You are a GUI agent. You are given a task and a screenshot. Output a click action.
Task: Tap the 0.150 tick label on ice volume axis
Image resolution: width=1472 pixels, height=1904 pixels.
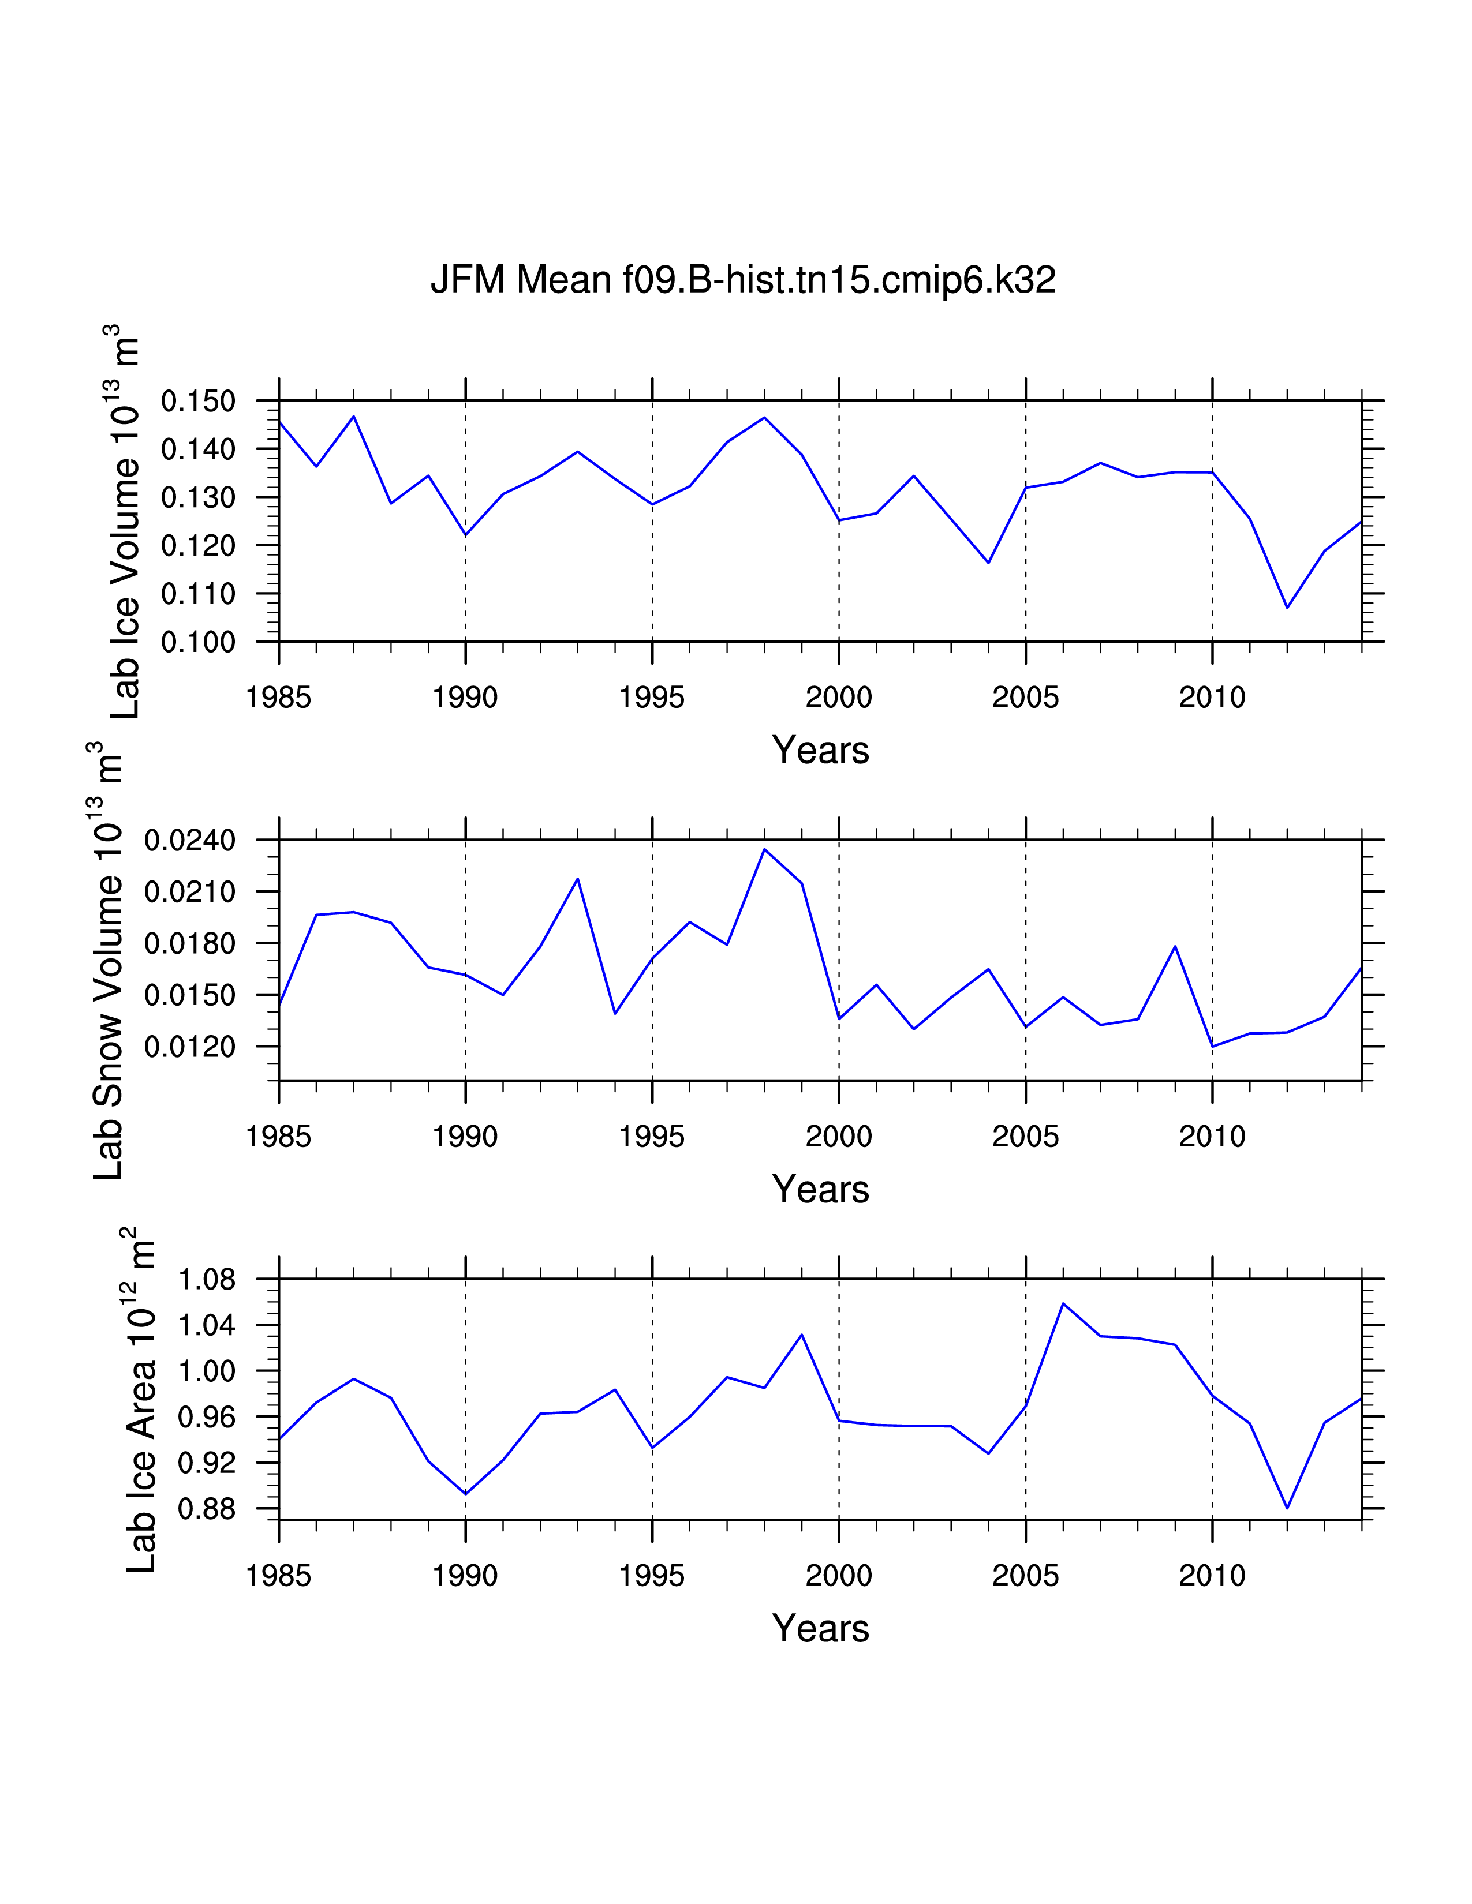point(198,402)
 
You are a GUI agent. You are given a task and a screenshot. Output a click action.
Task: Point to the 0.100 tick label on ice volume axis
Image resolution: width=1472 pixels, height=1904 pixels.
point(198,643)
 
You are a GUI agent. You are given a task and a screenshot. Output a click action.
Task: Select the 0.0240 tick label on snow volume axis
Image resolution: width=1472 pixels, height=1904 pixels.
point(190,841)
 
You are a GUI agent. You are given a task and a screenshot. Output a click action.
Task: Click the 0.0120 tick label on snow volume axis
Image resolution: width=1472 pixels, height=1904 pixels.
point(190,1047)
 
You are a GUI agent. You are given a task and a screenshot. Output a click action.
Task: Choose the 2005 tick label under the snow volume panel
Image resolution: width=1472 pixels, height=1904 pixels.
point(1026,1137)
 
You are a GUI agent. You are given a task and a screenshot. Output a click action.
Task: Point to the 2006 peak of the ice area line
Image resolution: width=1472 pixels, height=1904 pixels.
point(1063,1303)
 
